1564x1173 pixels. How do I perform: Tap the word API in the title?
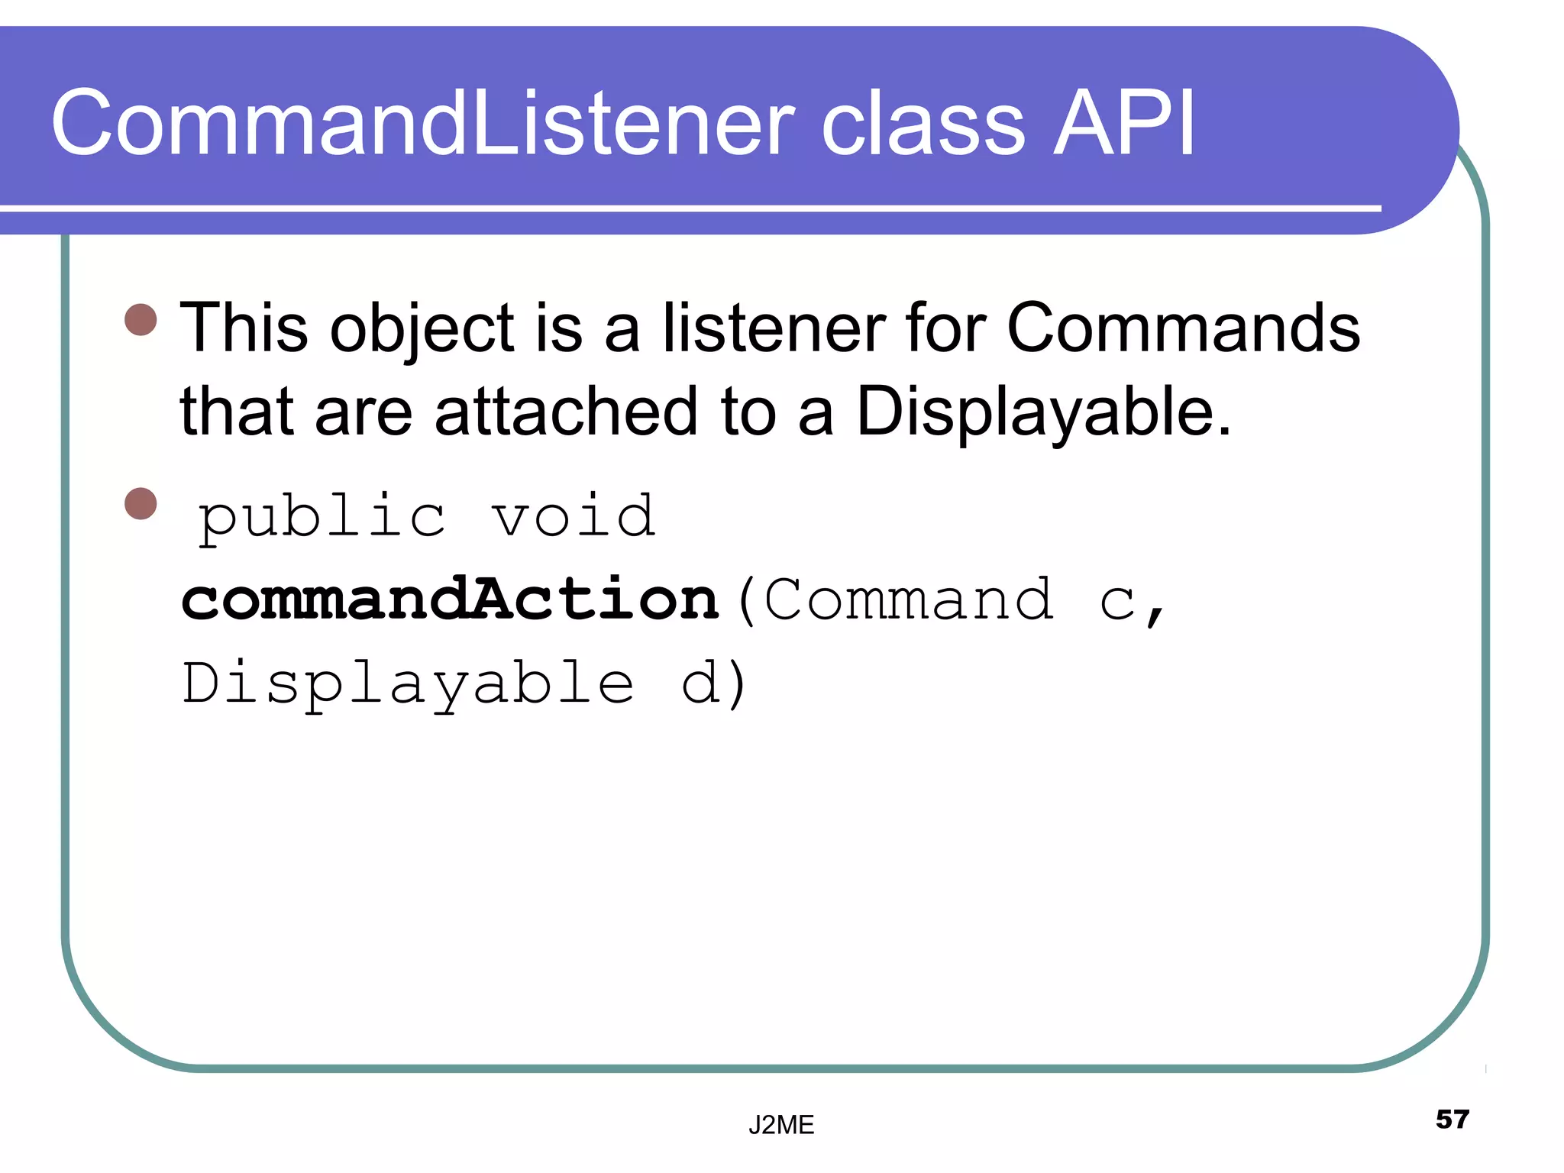[1123, 124]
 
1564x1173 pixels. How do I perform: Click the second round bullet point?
[141, 503]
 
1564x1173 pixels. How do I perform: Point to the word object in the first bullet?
[423, 330]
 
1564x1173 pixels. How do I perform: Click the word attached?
[566, 412]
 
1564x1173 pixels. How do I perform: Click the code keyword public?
[322, 518]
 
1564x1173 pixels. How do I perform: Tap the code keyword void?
[573, 516]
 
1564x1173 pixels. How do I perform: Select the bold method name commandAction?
[451, 599]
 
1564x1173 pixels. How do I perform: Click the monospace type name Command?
[909, 599]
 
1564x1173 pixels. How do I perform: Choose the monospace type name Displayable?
[408, 683]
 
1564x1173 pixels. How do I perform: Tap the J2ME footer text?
[781, 1125]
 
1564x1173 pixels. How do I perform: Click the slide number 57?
[1452, 1120]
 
